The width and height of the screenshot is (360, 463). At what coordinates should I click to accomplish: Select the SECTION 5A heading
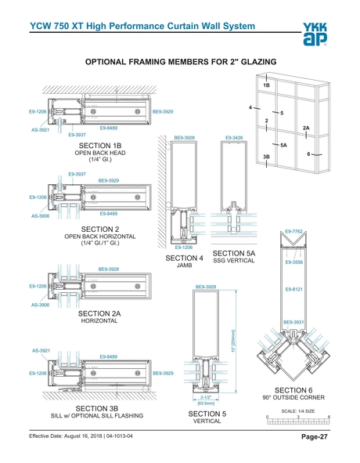click(x=234, y=254)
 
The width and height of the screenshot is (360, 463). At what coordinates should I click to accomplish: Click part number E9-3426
click(x=234, y=137)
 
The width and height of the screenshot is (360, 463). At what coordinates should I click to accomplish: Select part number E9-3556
click(x=294, y=262)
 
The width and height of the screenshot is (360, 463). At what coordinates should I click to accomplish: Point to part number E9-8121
click(x=294, y=290)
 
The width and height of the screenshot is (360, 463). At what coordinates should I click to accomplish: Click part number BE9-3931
click(x=294, y=322)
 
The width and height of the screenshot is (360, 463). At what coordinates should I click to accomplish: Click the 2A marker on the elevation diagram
click(x=306, y=128)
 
